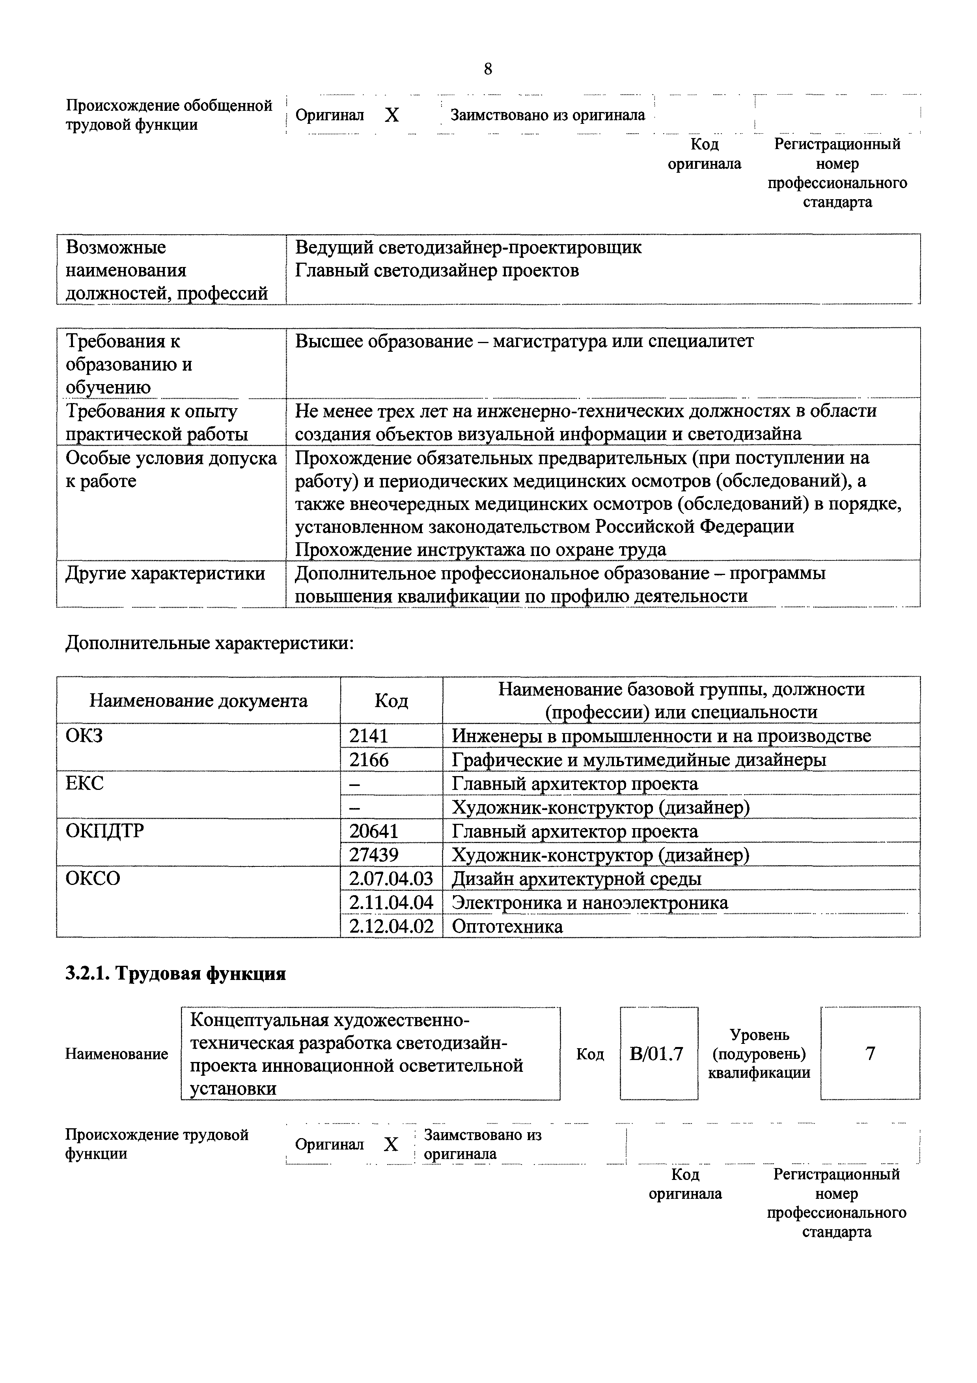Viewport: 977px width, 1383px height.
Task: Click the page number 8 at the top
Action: point(487,69)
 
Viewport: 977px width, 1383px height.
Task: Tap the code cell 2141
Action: point(369,735)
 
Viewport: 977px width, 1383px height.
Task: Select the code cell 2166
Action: point(369,760)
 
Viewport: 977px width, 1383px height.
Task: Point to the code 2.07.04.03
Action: point(391,879)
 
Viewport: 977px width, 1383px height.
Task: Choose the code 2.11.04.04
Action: point(391,902)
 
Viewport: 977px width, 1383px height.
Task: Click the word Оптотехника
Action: point(507,926)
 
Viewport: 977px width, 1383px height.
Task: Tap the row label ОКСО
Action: point(93,879)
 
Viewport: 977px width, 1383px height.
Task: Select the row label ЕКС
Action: point(84,784)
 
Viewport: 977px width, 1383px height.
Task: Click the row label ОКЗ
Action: point(84,735)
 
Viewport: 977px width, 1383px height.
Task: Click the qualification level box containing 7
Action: point(870,1053)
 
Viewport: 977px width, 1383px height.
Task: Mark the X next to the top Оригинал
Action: point(392,115)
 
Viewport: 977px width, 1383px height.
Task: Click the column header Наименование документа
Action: point(198,700)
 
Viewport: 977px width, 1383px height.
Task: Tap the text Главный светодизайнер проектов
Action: point(437,271)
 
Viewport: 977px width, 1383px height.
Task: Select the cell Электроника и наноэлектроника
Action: point(590,902)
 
